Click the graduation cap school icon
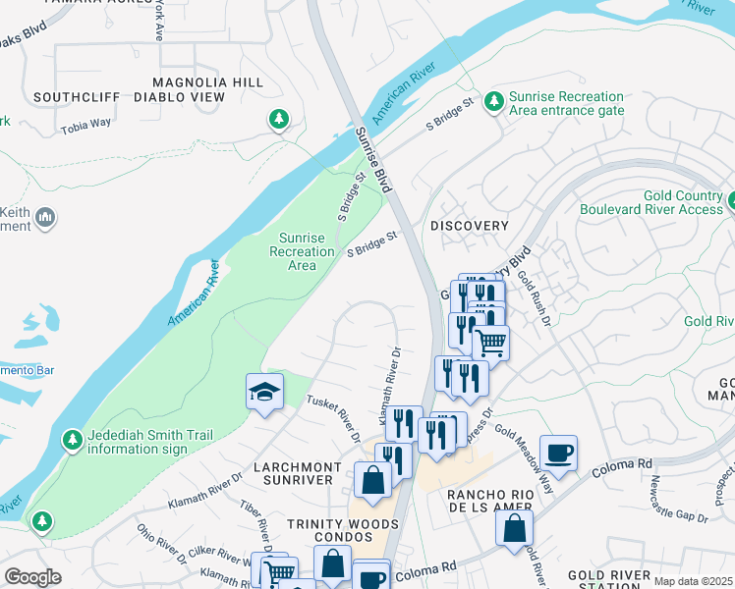pos(263,392)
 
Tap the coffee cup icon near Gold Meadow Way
pos(558,453)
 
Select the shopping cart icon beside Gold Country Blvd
pos(490,343)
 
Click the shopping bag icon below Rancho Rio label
pos(514,527)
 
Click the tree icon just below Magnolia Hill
pos(279,119)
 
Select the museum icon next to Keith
pos(44,216)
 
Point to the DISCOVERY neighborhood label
pos(470,226)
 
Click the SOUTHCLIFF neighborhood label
pos(77,97)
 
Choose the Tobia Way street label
pos(87,129)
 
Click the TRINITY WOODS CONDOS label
pos(330,531)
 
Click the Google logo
pos(33,576)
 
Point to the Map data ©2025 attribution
pos(693,581)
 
